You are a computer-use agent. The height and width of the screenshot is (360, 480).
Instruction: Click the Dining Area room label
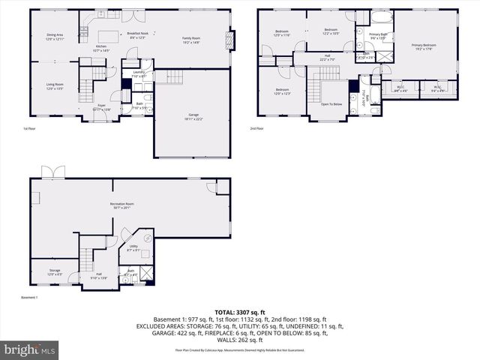point(55,36)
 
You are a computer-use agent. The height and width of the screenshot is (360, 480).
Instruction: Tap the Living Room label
point(55,86)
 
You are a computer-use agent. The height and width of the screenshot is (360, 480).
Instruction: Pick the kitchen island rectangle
point(110,35)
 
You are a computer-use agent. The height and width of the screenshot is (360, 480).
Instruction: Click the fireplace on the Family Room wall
point(232,38)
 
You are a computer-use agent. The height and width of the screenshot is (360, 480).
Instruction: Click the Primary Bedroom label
point(424,47)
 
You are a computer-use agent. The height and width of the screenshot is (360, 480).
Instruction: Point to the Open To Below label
point(331,104)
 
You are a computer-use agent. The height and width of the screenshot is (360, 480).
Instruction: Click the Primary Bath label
point(376,36)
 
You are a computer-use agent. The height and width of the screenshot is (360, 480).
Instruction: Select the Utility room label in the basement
point(133,247)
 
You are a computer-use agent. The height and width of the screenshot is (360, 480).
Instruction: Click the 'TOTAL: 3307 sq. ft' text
point(240,312)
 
